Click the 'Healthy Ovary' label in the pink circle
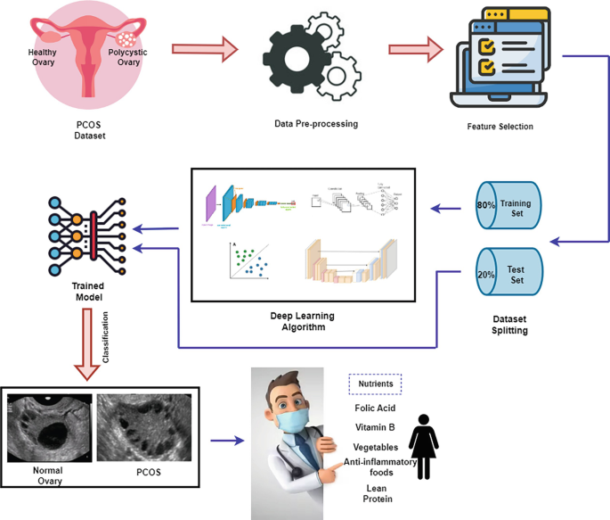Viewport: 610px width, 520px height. coord(43,57)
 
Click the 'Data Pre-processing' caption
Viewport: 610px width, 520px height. coord(316,123)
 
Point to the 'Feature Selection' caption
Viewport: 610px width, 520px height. coord(500,127)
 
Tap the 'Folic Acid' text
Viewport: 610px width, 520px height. coord(374,409)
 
